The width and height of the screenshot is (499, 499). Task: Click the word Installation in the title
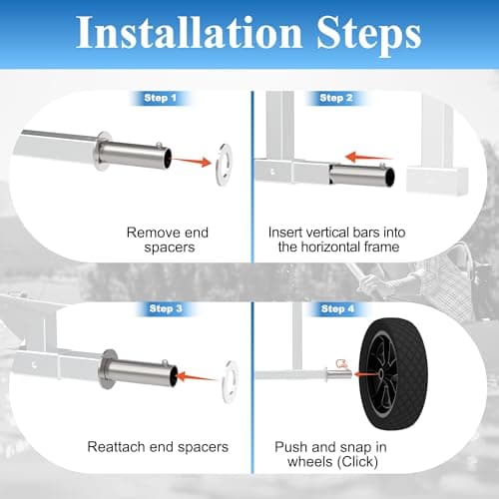[189, 33]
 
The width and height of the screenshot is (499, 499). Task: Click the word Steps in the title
[369, 36]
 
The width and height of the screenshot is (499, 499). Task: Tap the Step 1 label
[161, 98]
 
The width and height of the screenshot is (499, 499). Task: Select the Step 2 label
[336, 98]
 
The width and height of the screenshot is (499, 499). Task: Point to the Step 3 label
[166, 308]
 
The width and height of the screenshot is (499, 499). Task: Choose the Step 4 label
[337, 309]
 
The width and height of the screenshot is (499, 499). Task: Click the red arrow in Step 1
[193, 162]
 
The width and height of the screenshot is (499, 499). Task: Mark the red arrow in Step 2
[369, 157]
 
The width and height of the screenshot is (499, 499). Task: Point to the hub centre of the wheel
[380, 374]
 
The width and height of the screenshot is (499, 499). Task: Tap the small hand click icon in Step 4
[341, 363]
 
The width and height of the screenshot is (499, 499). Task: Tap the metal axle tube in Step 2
[362, 175]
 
